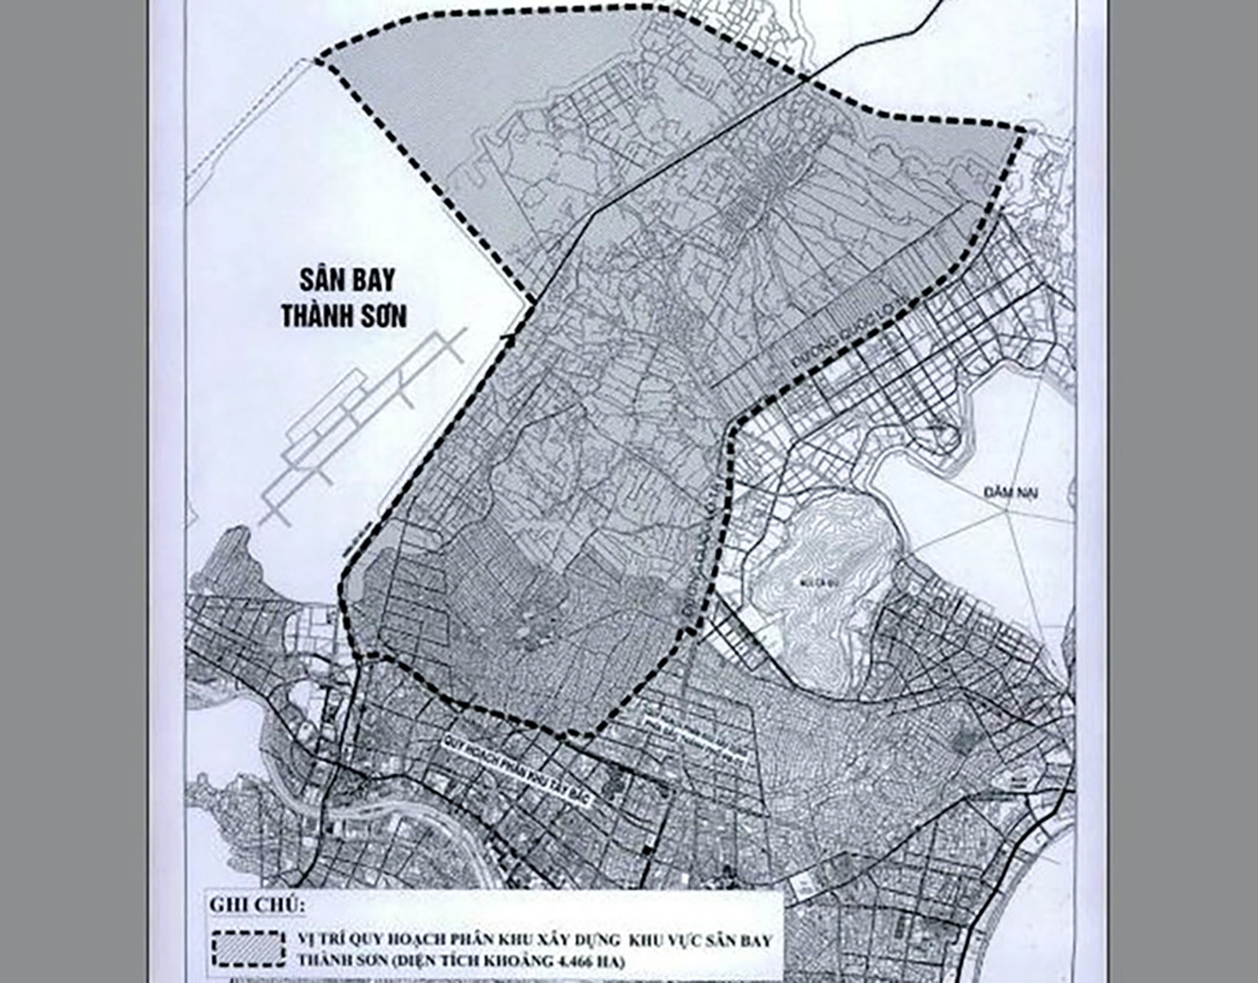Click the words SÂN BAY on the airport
click(344, 279)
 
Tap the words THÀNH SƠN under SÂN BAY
click(344, 316)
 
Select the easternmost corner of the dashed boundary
click(1022, 131)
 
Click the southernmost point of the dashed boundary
click(579, 736)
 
